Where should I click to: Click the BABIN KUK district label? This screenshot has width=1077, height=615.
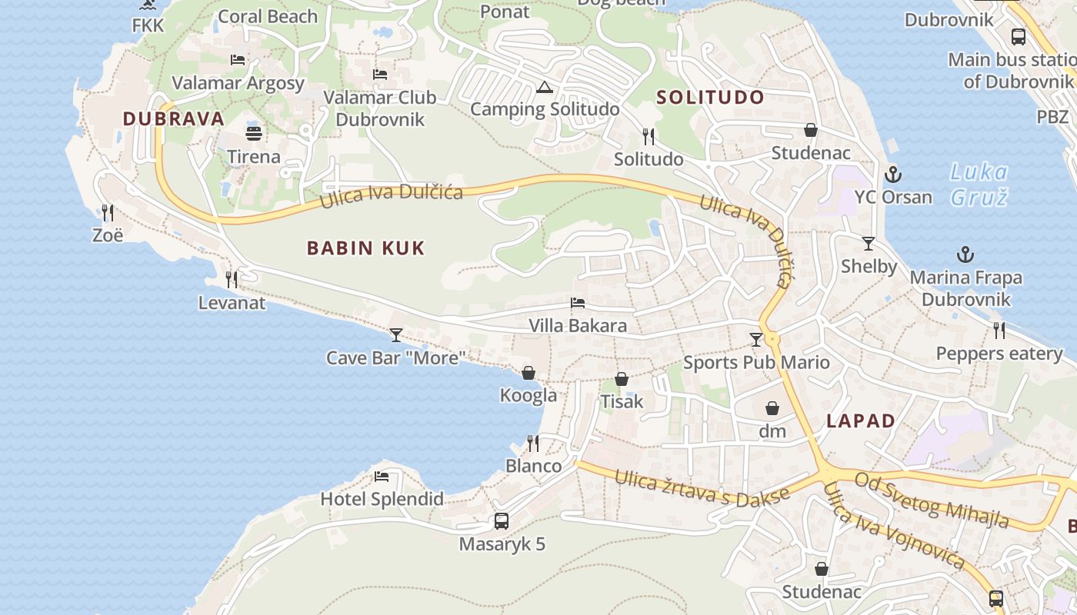tap(365, 248)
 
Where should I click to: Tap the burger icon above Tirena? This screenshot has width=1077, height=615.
tap(254, 133)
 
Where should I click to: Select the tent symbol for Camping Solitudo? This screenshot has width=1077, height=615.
tap(545, 87)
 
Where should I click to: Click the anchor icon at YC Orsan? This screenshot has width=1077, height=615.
tap(893, 174)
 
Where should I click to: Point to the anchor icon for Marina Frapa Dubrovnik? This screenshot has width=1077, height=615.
tap(965, 254)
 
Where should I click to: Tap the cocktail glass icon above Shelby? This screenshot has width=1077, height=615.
tap(869, 244)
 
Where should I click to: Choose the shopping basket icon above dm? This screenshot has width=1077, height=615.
tap(772, 408)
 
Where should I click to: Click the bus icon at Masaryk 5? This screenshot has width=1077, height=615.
tap(502, 520)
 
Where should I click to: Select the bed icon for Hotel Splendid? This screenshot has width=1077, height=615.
tap(382, 476)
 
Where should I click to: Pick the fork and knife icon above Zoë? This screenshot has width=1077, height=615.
tap(108, 212)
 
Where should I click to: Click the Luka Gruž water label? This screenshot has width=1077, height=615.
tap(979, 184)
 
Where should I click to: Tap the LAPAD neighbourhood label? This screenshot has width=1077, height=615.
tap(861, 421)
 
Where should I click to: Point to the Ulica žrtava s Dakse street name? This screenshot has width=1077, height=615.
tap(702, 487)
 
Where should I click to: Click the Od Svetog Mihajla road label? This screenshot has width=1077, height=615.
tap(932, 500)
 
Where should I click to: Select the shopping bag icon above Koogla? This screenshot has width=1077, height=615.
tap(528, 373)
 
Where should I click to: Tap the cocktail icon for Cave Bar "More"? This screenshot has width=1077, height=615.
tap(396, 334)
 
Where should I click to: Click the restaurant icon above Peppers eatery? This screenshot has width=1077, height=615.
tap(999, 331)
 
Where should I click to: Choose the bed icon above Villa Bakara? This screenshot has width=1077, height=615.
tap(578, 303)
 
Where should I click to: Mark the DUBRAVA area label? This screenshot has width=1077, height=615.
tap(174, 118)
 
